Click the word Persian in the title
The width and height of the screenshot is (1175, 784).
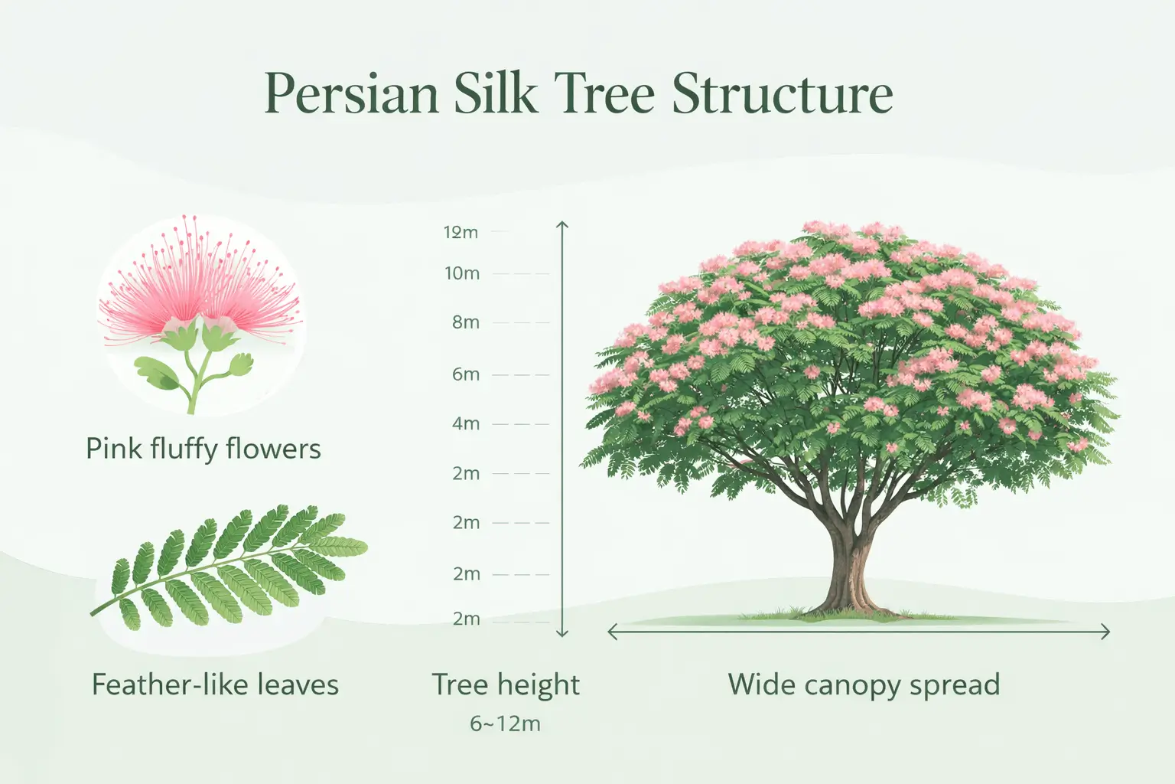click(351, 95)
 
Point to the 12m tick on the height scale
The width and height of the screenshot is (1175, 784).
click(461, 232)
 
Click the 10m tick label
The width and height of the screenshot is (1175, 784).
click(462, 273)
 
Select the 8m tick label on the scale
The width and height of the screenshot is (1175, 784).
click(465, 322)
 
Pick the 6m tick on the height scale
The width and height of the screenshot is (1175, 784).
click(465, 374)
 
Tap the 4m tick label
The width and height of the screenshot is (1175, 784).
click(465, 423)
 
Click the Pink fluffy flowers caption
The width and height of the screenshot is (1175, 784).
click(203, 449)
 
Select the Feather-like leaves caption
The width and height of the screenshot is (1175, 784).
click(215, 684)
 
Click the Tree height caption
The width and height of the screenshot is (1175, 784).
click(506, 684)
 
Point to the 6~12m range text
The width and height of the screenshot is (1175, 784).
click(506, 724)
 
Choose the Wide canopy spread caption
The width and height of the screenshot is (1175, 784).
click(864, 684)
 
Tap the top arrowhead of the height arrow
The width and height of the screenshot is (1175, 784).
click(562, 225)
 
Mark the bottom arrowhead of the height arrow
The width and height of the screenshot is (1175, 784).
click(562, 632)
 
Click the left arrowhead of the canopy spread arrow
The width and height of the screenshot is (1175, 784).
click(612, 632)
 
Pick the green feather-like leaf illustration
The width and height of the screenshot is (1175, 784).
click(229, 567)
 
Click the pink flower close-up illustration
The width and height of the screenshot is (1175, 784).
click(200, 306)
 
